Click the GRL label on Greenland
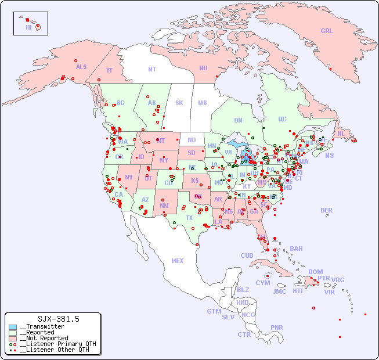(x=327, y=31)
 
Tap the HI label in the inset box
(x=28, y=27)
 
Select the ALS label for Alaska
(x=81, y=67)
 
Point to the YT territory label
(x=109, y=70)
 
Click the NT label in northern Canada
(x=152, y=69)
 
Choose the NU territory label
(x=203, y=68)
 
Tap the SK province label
(x=179, y=103)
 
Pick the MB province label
(x=203, y=103)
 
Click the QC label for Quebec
(x=282, y=119)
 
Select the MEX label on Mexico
(x=178, y=261)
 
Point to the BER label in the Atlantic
(x=327, y=210)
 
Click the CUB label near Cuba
(x=247, y=255)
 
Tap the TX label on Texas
(x=189, y=218)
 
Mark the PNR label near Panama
(x=277, y=327)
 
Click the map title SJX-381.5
(x=58, y=319)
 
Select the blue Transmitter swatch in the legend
(x=13, y=327)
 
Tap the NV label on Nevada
(x=128, y=177)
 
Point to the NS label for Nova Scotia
(x=329, y=155)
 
